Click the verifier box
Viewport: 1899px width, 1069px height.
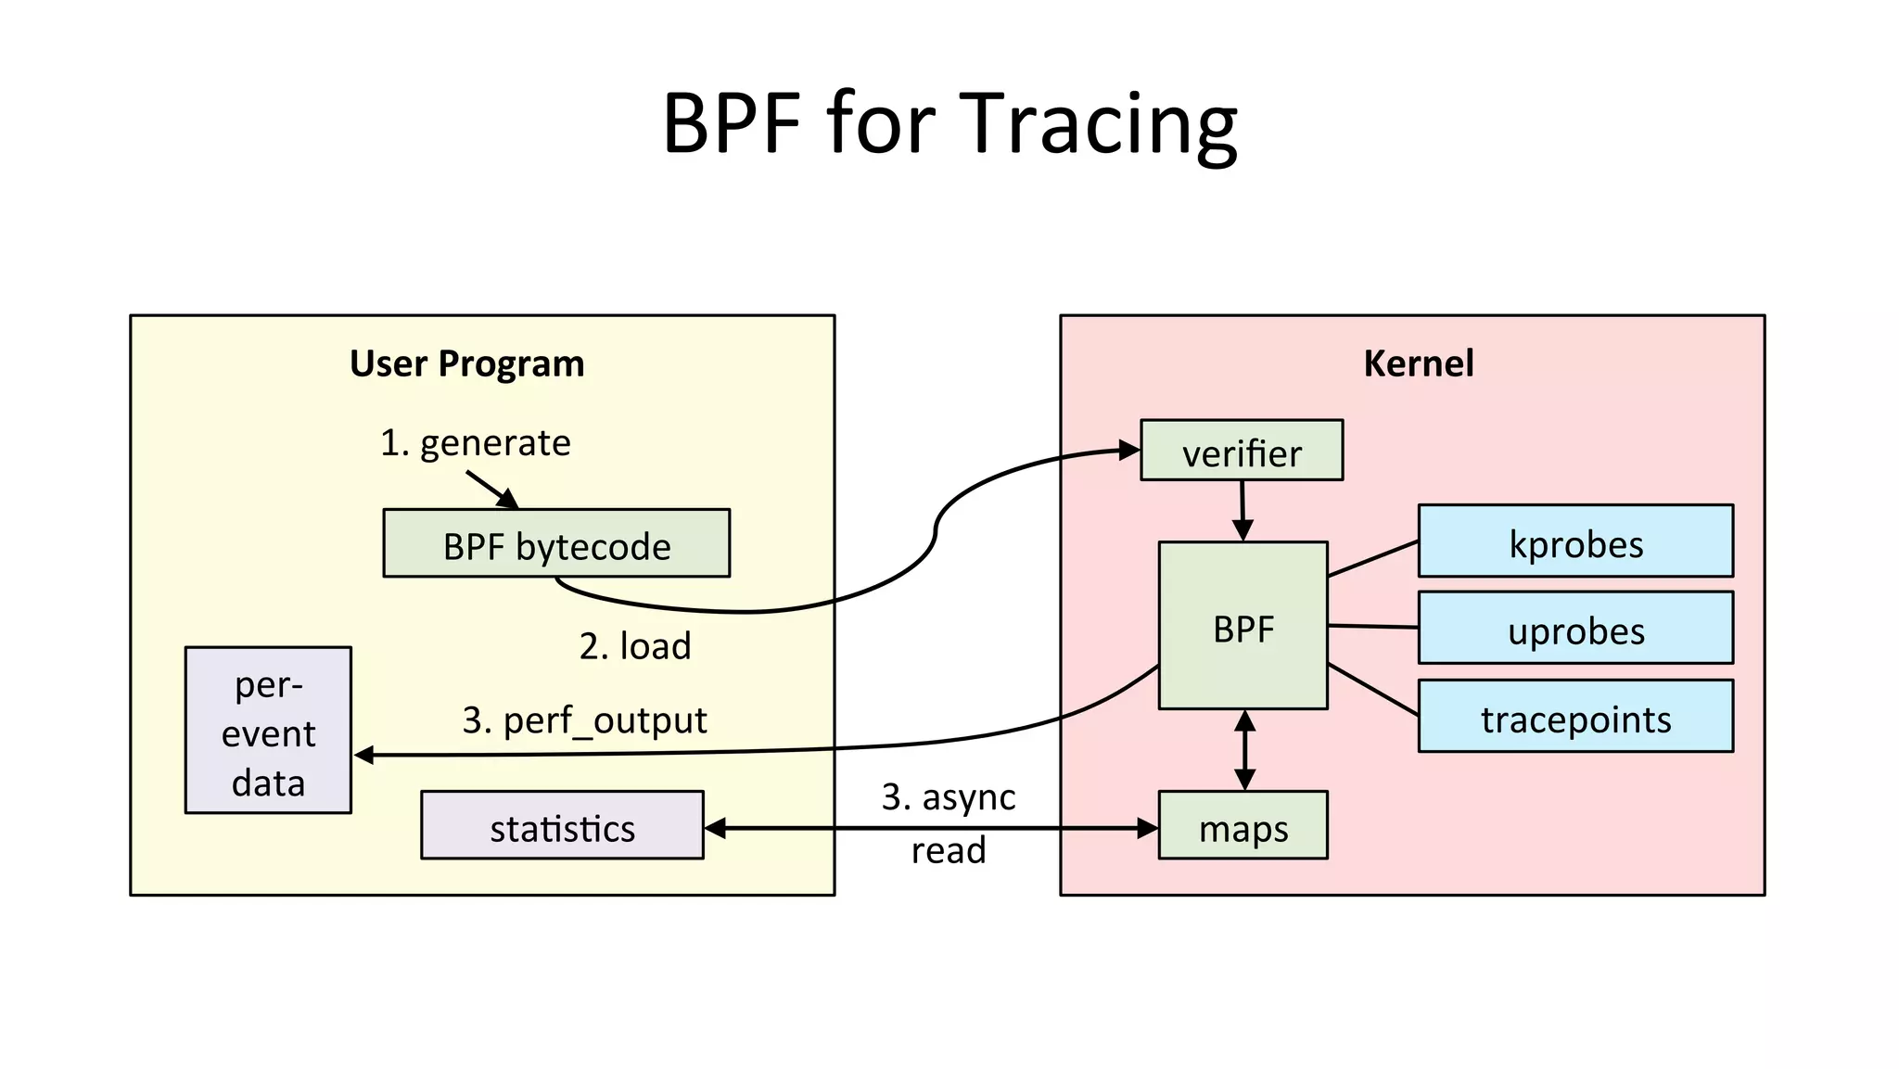pyautogui.click(x=1241, y=451)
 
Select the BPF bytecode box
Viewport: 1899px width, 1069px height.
pyautogui.click(x=556, y=544)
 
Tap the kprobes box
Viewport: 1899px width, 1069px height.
pyautogui.click(x=1574, y=541)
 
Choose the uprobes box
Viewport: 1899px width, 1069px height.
pyautogui.click(x=1574, y=629)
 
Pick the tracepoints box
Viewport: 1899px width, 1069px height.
pyautogui.click(x=1574, y=717)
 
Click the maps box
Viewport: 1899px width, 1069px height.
pyautogui.click(x=1243, y=826)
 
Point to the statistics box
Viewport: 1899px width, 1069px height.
pyautogui.click(x=562, y=826)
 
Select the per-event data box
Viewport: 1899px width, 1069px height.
pyautogui.click(x=268, y=732)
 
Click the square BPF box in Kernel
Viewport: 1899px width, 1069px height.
pyautogui.click(x=1243, y=627)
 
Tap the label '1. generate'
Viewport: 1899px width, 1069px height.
pyautogui.click(x=475, y=443)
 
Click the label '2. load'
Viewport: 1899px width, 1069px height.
pyautogui.click(x=635, y=646)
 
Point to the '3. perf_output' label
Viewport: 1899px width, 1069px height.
pyautogui.click(x=584, y=720)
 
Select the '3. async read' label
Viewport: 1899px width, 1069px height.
pyautogui.click(x=948, y=822)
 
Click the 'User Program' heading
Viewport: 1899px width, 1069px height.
pyautogui.click(x=466, y=363)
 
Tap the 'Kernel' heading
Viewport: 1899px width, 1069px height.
pyautogui.click(x=1418, y=363)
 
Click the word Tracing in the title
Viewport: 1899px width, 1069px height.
pyautogui.click(x=1098, y=125)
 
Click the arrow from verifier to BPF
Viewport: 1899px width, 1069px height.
pyautogui.click(x=1243, y=511)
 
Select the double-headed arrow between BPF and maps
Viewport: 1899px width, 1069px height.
pyautogui.click(x=1245, y=750)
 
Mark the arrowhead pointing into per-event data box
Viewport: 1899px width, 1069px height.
pyautogui.click(x=364, y=756)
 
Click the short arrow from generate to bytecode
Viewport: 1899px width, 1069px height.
pyautogui.click(x=491, y=489)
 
